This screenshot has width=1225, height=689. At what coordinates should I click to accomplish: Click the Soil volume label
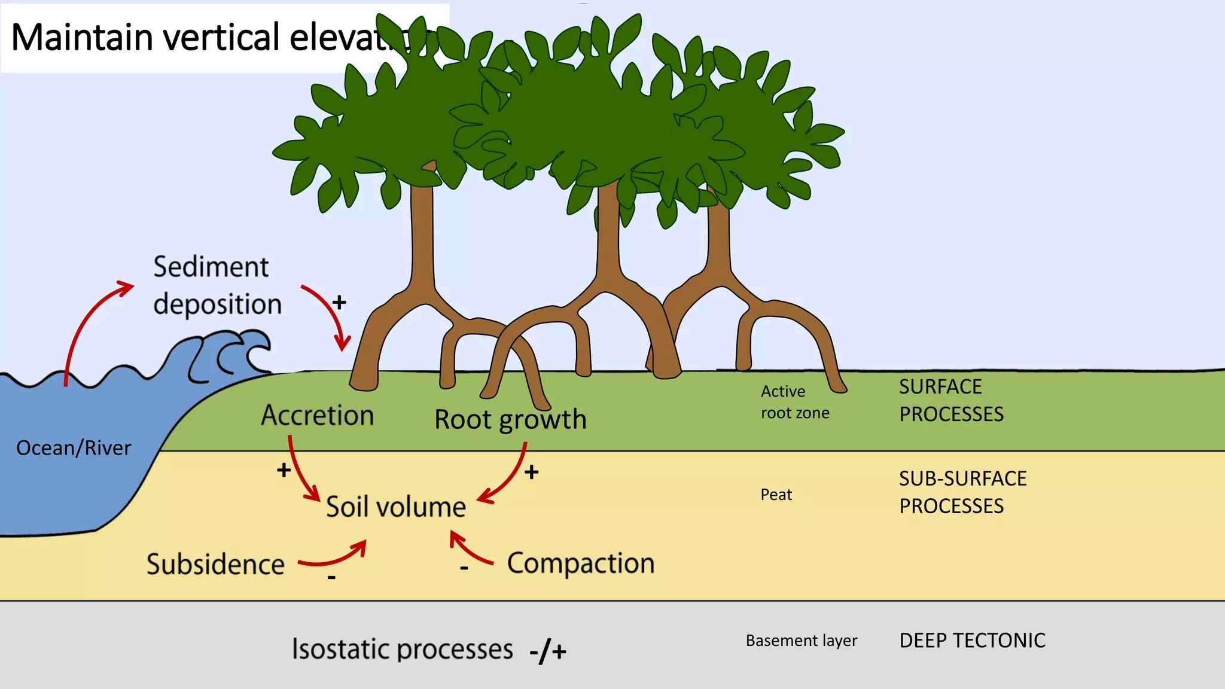pyautogui.click(x=395, y=507)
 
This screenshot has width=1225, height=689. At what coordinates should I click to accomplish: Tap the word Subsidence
pyautogui.click(x=215, y=565)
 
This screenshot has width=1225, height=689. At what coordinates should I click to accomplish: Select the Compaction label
pyautogui.click(x=580, y=563)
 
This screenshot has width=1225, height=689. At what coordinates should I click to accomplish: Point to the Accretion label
pyautogui.click(x=318, y=415)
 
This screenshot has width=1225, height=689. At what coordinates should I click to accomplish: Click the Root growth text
pyautogui.click(x=510, y=419)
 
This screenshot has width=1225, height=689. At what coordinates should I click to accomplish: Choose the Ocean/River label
pyautogui.click(x=74, y=448)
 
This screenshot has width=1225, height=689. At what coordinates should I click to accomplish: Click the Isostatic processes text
pyautogui.click(x=402, y=649)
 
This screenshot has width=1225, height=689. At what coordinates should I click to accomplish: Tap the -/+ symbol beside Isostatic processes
pyautogui.click(x=547, y=651)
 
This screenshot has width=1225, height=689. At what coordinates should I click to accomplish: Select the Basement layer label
pyautogui.click(x=801, y=641)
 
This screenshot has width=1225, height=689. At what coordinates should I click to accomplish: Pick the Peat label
pyautogui.click(x=776, y=495)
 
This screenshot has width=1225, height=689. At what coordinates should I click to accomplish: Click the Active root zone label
pyautogui.click(x=794, y=402)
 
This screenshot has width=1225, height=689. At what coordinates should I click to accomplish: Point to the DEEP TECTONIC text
pyautogui.click(x=972, y=641)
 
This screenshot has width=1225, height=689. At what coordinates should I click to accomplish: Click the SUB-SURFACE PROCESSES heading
pyautogui.click(x=962, y=492)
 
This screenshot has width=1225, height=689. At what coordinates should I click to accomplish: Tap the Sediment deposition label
pyautogui.click(x=217, y=285)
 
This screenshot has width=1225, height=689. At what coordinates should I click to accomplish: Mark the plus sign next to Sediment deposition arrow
pyautogui.click(x=339, y=303)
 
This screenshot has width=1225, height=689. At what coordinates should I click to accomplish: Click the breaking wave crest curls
pyautogui.click(x=227, y=356)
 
